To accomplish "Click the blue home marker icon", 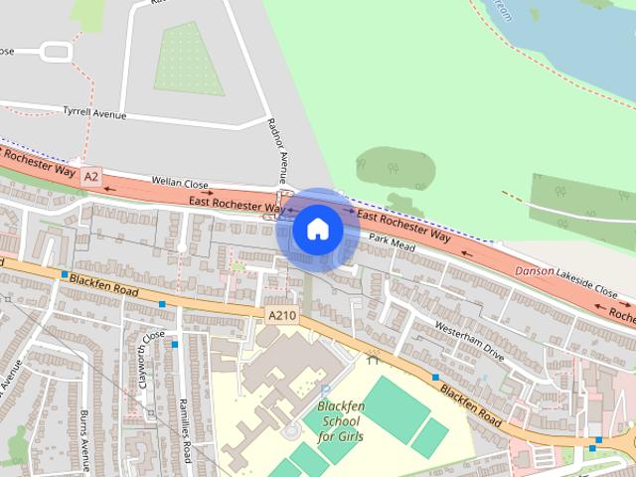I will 317,230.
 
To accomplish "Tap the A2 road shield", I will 91,176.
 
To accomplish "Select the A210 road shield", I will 281,314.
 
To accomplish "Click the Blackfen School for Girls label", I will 340,421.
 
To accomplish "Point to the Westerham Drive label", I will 470,341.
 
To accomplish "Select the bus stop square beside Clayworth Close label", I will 174,344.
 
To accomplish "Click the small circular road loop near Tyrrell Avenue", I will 56,50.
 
